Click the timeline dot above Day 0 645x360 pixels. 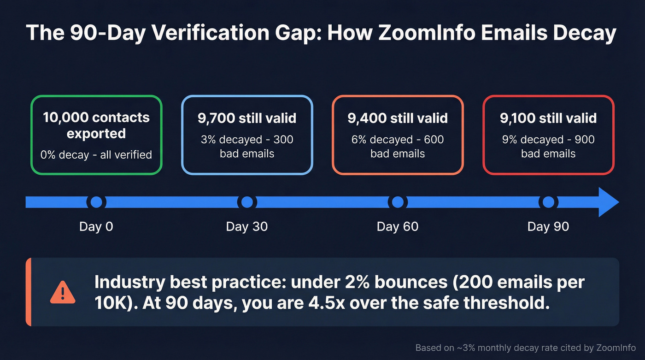(x=96, y=202)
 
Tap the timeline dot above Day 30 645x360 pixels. (x=247, y=202)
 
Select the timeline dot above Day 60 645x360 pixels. (x=398, y=202)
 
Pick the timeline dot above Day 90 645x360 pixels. (x=548, y=202)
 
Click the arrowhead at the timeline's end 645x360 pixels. (x=609, y=202)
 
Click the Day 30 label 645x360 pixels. (x=247, y=227)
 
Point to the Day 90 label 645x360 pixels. (x=548, y=227)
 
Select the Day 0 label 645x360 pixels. (x=96, y=227)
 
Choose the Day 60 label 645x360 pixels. (x=398, y=227)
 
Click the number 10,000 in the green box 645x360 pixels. (x=66, y=118)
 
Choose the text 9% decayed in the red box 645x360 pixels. (x=530, y=140)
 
